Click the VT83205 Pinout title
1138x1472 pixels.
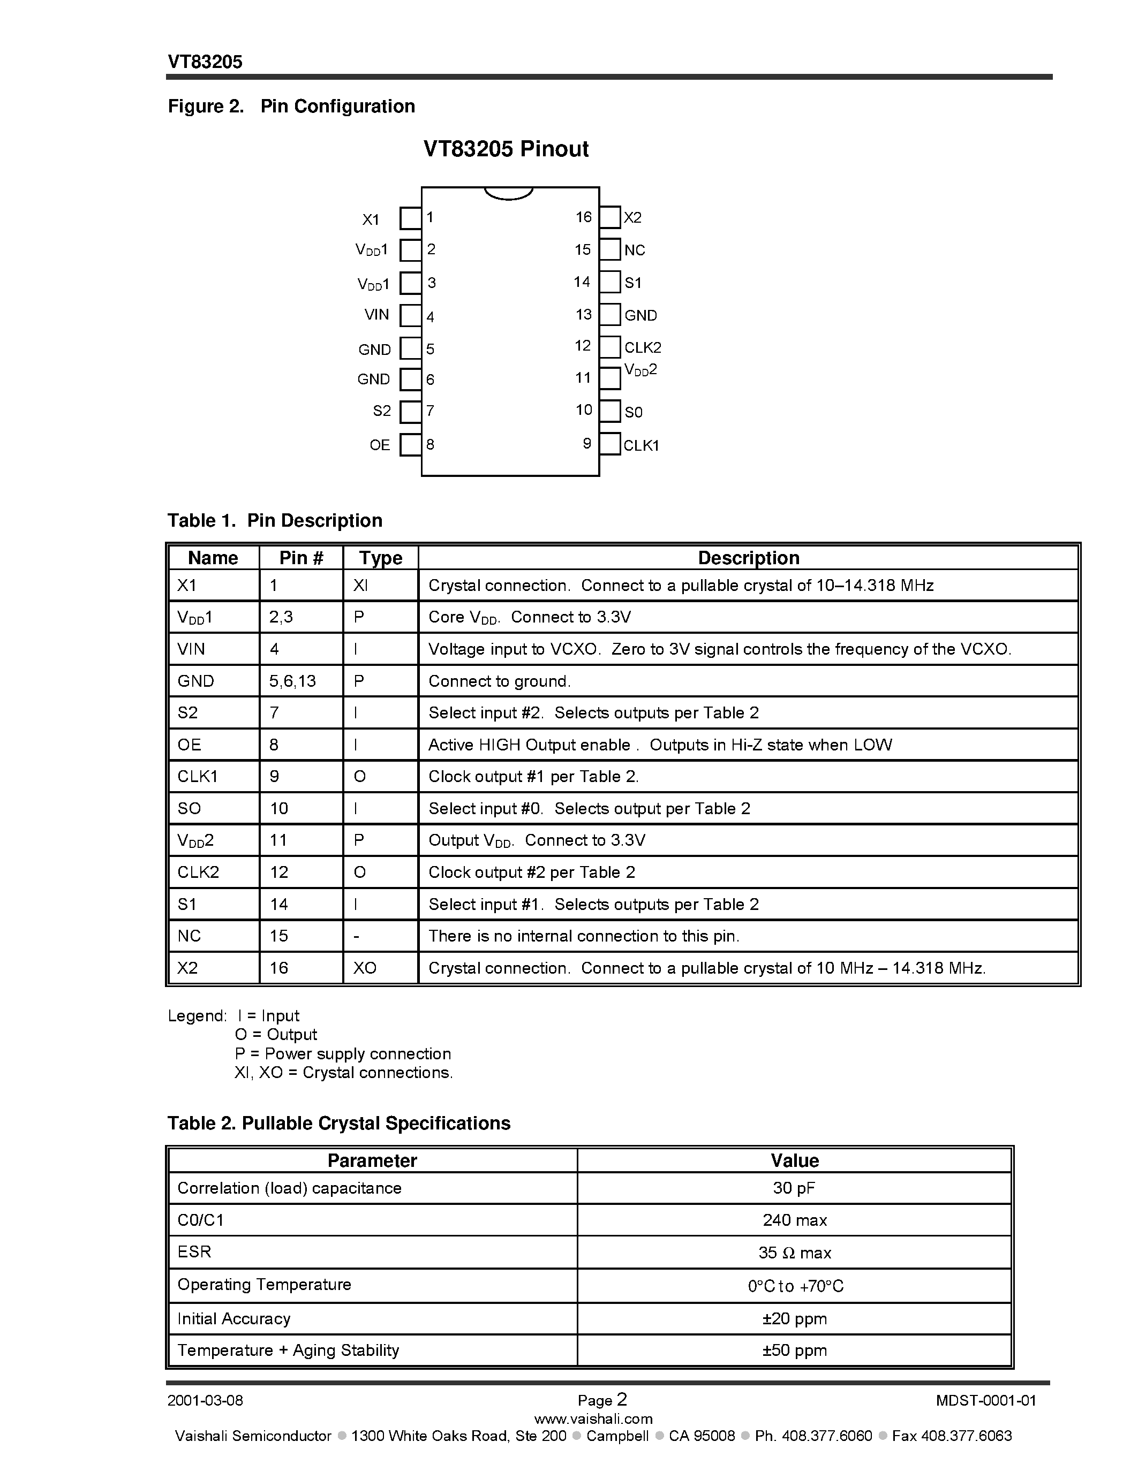pyautogui.click(x=506, y=149)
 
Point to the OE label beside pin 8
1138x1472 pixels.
pyautogui.click(x=380, y=445)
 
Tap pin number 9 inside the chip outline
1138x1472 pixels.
pyautogui.click(x=586, y=444)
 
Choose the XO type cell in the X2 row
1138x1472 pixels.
pyautogui.click(x=365, y=968)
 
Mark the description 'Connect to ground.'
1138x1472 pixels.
pyautogui.click(x=500, y=681)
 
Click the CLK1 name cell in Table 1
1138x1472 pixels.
pyautogui.click(x=198, y=777)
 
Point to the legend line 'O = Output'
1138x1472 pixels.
pyautogui.click(x=276, y=1035)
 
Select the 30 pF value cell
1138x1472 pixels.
pyautogui.click(x=794, y=1188)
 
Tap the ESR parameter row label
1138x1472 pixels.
pyautogui.click(x=194, y=1251)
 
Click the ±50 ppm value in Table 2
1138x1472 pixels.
pyautogui.click(x=794, y=1350)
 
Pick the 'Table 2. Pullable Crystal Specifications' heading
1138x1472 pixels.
pyautogui.click(x=338, y=1124)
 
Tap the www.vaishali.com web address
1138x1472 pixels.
pyautogui.click(x=593, y=1419)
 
